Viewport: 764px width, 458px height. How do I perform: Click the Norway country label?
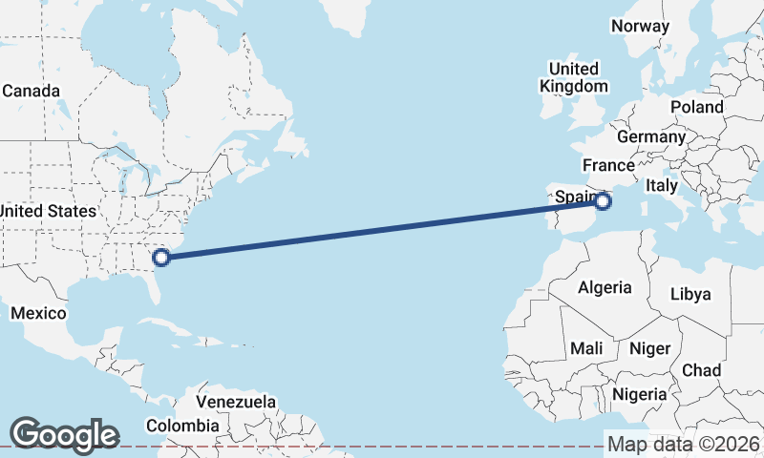click(640, 26)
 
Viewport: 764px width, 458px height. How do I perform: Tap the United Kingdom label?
click(573, 77)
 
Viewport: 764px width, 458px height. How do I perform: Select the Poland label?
click(696, 107)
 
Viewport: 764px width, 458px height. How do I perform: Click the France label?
click(608, 165)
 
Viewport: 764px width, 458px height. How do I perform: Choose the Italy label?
click(661, 185)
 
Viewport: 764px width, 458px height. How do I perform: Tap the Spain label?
click(576, 198)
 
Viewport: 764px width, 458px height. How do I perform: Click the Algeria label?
click(605, 287)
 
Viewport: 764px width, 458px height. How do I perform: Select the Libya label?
click(690, 294)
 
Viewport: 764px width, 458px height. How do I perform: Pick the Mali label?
click(586, 349)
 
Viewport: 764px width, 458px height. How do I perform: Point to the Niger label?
click(649, 349)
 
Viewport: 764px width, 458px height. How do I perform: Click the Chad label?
click(701, 370)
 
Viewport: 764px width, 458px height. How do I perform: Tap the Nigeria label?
click(639, 394)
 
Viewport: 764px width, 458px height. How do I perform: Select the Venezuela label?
click(236, 402)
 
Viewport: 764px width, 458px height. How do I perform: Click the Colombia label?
click(182, 426)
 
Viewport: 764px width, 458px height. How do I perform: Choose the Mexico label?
click(38, 313)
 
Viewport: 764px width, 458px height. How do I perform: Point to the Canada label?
click(31, 92)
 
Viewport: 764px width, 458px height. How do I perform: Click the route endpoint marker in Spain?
click(603, 201)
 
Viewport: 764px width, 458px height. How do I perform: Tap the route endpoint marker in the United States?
click(162, 256)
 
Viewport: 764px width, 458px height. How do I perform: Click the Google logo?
click(64, 435)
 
